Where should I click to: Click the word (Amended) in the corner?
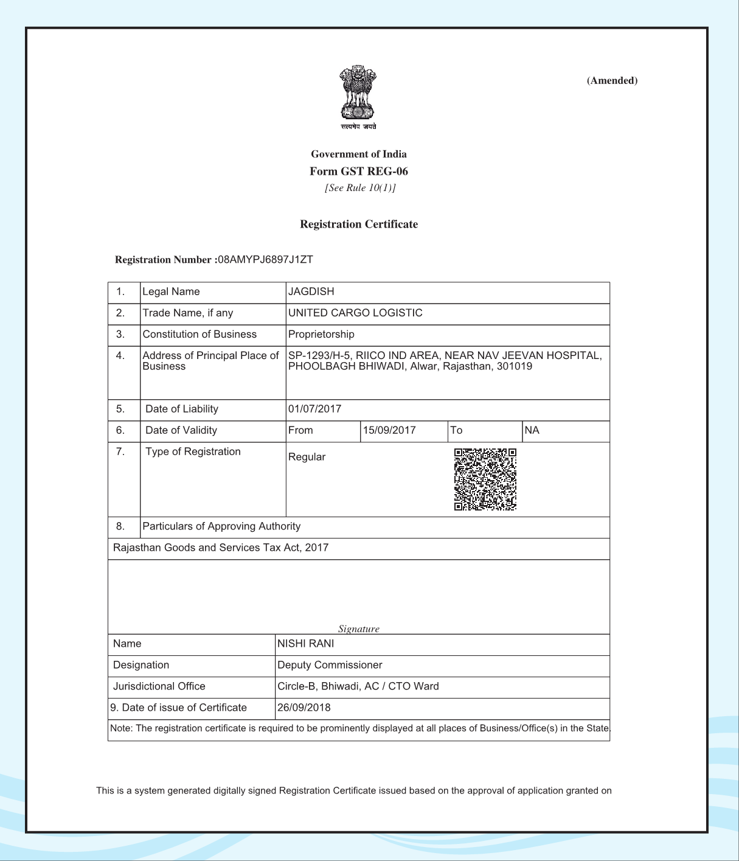(612, 80)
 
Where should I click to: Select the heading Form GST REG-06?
(358, 171)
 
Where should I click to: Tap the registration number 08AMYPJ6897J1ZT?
(265, 259)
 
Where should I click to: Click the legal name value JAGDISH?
(311, 291)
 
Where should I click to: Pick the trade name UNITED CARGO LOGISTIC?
(355, 313)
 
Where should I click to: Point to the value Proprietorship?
(321, 334)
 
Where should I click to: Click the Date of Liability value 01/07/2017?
(314, 409)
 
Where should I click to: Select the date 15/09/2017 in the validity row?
(389, 430)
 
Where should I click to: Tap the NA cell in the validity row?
(532, 430)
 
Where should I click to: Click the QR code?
(485, 479)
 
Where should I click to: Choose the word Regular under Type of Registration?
(307, 457)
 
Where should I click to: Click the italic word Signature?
(359, 629)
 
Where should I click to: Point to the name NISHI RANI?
(305, 644)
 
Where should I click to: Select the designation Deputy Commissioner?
(330, 665)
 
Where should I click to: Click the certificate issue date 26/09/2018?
(304, 708)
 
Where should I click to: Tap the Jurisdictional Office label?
(159, 686)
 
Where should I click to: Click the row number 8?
(120, 526)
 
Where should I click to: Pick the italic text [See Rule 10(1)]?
(360, 188)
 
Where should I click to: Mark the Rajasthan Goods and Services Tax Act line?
(221, 548)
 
